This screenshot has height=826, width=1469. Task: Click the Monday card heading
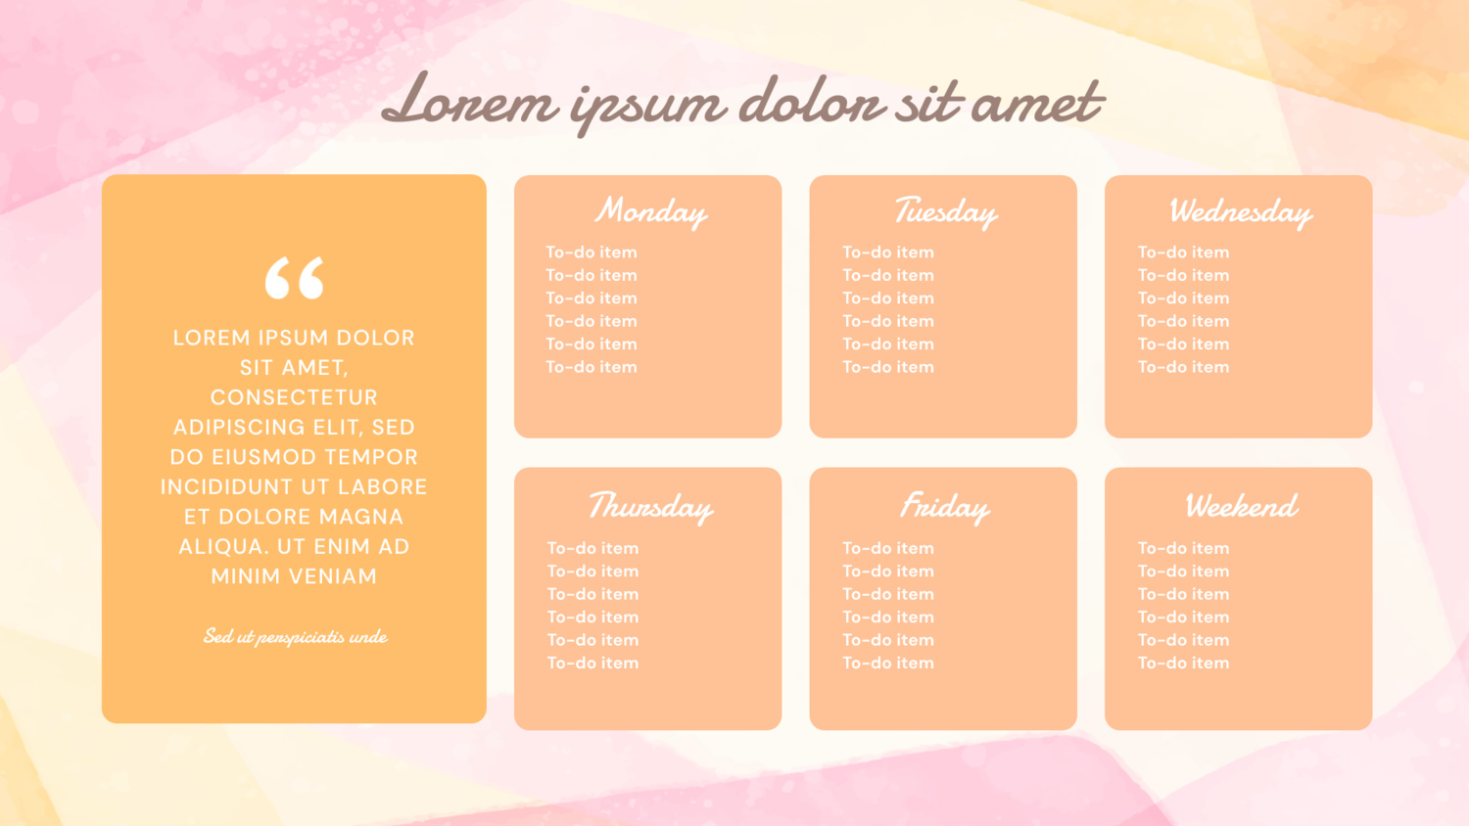[650, 211]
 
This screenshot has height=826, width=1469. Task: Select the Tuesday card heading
[946, 211]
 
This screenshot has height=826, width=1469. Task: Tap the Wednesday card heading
[1241, 211]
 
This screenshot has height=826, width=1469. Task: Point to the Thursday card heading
[650, 507]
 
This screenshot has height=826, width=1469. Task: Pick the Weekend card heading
[1241, 505]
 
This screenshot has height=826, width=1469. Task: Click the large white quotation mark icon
[295, 277]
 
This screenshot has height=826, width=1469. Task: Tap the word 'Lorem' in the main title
[469, 102]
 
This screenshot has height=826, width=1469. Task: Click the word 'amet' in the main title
[1037, 104]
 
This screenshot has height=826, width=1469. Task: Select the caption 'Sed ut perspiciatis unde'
[295, 636]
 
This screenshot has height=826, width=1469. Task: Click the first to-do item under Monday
[591, 252]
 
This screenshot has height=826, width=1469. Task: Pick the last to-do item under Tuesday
[888, 367]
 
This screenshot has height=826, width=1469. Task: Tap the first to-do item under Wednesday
[1183, 252]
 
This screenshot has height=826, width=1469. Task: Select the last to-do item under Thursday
[592, 663]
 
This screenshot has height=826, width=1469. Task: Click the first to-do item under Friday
[888, 548]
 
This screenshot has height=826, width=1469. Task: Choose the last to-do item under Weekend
[1183, 663]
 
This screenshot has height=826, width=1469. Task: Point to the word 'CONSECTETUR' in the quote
[294, 397]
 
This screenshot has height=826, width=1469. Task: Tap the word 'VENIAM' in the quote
[330, 576]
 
